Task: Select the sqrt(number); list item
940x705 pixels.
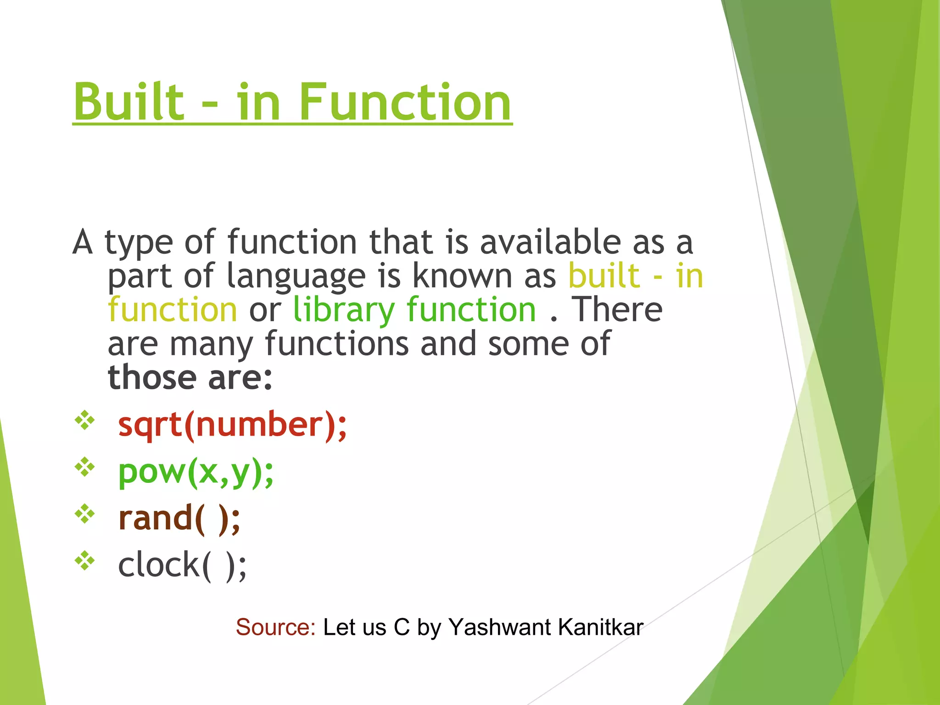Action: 232,425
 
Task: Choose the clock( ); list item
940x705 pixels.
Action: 182,565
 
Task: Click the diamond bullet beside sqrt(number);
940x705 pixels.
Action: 85,420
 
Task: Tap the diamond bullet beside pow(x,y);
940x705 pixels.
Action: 85,467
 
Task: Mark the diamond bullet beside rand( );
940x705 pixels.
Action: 85,514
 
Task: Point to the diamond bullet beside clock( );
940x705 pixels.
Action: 85,561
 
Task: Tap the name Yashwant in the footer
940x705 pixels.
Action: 499,627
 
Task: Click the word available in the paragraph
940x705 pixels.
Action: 550,242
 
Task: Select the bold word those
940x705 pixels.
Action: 152,378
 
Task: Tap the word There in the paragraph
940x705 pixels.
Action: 617,310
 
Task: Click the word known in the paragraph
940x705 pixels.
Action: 462,276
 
